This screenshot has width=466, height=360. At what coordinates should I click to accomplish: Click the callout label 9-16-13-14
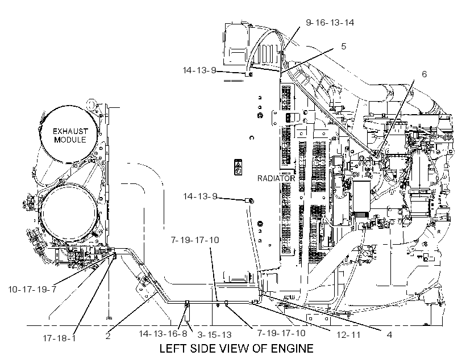point(330,23)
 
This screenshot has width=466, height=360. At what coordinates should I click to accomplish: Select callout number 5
point(344,47)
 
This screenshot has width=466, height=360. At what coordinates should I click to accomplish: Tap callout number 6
point(424,74)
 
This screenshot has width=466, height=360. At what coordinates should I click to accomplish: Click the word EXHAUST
point(70,131)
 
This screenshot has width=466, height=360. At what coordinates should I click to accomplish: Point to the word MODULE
point(70,140)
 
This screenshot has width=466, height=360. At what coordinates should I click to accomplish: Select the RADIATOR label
point(276,178)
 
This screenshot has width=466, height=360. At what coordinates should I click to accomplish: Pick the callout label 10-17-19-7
point(32,289)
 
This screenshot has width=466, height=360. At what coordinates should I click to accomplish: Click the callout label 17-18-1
point(59,338)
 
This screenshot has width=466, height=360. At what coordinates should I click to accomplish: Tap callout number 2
point(108,336)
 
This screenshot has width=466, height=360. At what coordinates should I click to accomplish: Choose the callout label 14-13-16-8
point(163,333)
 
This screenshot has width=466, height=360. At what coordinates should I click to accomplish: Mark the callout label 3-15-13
point(214,335)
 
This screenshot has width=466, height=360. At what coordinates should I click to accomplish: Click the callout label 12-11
point(348,335)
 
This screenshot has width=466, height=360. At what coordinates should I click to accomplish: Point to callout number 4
point(389,335)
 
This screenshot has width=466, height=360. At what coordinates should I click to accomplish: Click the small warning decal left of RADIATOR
point(238,167)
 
